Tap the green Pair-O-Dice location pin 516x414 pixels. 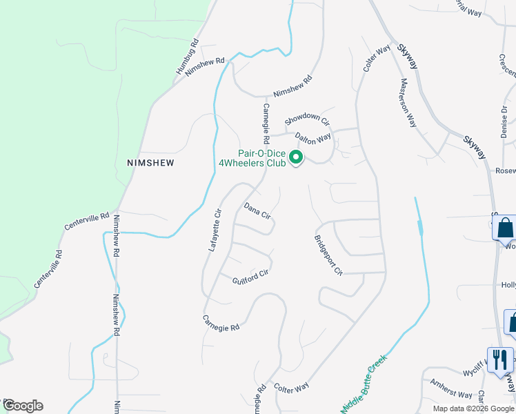(296, 158)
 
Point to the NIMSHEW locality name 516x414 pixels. (150, 163)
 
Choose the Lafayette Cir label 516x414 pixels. (215, 230)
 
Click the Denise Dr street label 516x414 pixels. (505, 121)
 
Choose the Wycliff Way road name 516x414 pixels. (476, 367)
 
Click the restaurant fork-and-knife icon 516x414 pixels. (500, 359)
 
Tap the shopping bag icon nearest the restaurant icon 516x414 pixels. (514, 322)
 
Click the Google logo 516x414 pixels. (23, 406)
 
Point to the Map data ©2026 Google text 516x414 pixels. (474, 408)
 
